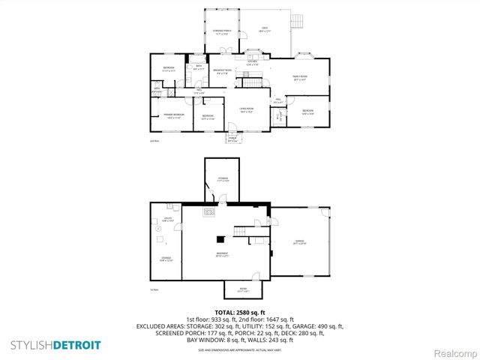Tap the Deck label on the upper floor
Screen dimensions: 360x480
click(x=265, y=30)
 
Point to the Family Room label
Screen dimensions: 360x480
click(x=298, y=79)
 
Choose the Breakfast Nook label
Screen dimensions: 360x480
click(x=223, y=72)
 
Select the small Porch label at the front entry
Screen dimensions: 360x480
click(x=232, y=139)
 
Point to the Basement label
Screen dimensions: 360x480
click(x=223, y=254)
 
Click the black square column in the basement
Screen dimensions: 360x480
click(x=220, y=239)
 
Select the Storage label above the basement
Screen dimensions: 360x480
click(x=223, y=178)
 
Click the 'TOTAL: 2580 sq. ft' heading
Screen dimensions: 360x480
click(x=239, y=311)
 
